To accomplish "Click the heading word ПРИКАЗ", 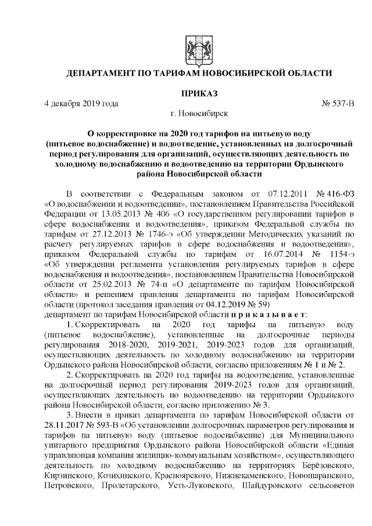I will (x=198, y=93).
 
